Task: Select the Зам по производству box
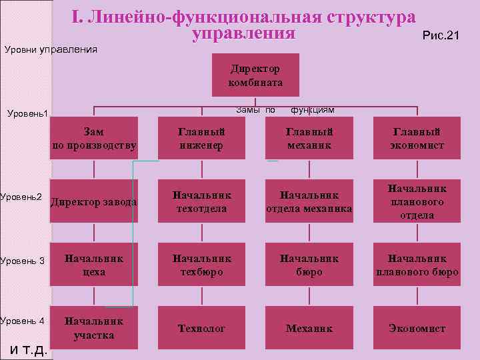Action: coord(94,139)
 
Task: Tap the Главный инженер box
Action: coord(201,139)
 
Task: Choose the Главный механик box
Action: coord(309,139)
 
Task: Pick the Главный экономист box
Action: coord(417,139)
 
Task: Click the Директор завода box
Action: coord(94,201)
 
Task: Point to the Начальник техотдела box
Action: coord(201,201)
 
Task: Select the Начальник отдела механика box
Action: coord(309,201)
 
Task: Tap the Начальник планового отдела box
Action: coord(417,201)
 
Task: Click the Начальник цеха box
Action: coord(94,265)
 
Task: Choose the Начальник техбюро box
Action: coord(201,265)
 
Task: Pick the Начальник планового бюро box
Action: coord(417,265)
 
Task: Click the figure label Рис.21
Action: coord(441,35)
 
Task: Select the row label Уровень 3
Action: coord(22,260)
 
